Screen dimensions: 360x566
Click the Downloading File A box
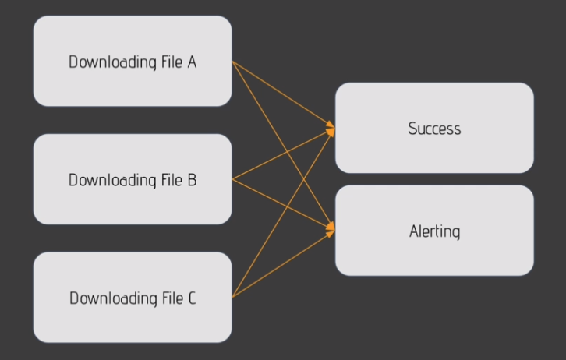(133, 61)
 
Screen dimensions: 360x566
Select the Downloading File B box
(133, 179)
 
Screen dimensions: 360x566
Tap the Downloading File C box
(133, 298)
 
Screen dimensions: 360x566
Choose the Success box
(434, 128)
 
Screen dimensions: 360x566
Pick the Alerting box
(434, 231)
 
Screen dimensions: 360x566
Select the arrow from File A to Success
(265, 83)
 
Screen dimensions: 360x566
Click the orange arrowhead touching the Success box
(331, 129)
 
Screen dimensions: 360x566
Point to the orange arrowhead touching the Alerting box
(331, 230)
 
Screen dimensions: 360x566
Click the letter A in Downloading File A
(192, 62)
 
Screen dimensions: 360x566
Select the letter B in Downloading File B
(192, 180)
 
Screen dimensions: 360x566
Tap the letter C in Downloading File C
(192, 298)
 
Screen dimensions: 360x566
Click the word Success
(434, 129)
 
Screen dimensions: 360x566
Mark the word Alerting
(434, 231)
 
